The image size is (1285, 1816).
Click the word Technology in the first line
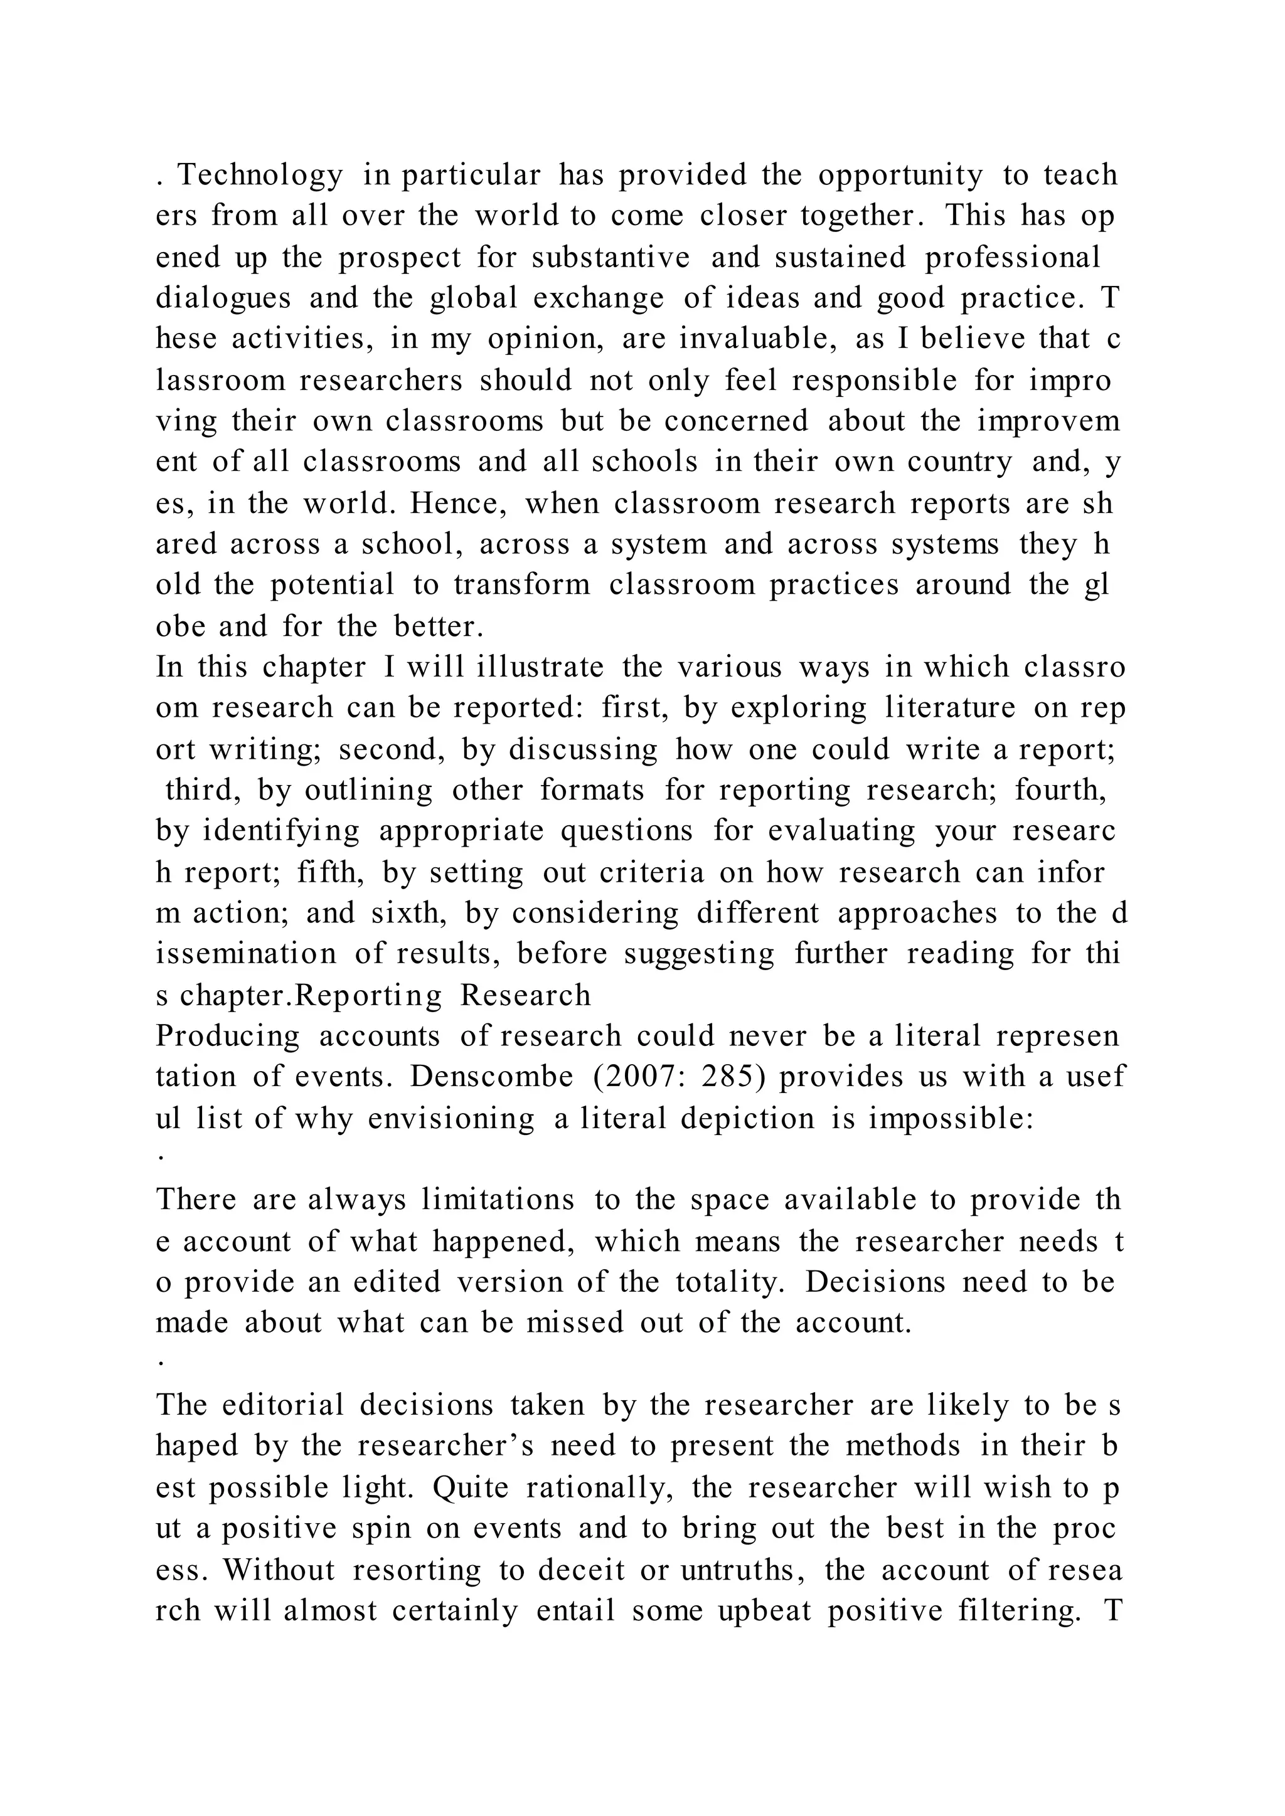[x=260, y=176]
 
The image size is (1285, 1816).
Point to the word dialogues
[x=223, y=299]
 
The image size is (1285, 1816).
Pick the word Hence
[x=467, y=504]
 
